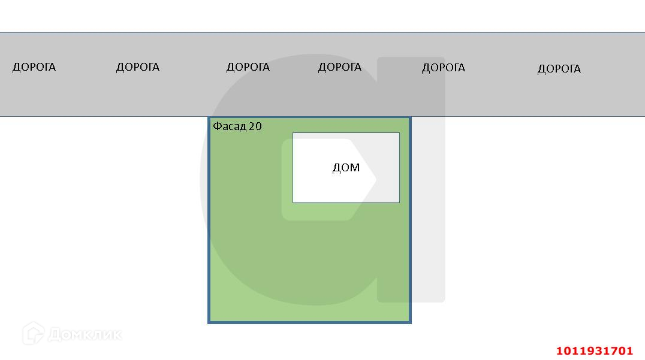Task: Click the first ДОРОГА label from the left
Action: [34, 67]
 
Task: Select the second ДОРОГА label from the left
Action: [137, 67]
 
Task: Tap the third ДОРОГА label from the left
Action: [248, 67]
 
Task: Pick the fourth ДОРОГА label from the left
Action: [339, 67]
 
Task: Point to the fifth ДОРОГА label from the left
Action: [443, 68]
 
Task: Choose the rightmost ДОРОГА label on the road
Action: [559, 69]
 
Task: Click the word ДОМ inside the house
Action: [346, 168]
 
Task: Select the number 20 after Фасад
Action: [255, 126]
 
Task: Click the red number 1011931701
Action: [594, 350]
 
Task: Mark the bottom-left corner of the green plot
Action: [209, 322]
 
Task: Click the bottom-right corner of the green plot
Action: [411, 322]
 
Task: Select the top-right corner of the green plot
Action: [410, 117]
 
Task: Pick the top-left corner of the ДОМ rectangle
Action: [293, 133]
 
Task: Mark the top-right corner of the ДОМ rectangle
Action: [399, 133]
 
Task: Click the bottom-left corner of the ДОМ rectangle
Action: [293, 202]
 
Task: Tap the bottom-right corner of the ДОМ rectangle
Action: [399, 202]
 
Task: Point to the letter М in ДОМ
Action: [355, 168]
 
